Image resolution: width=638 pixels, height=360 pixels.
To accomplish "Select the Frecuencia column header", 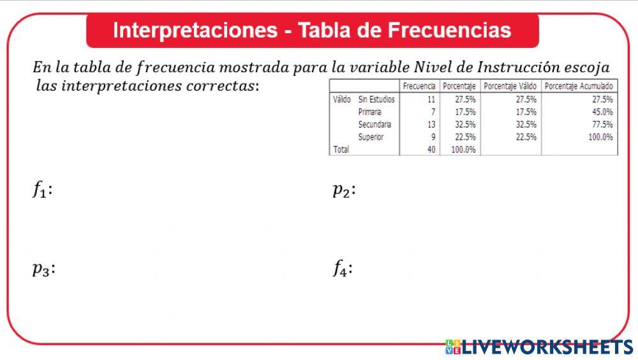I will [x=419, y=86].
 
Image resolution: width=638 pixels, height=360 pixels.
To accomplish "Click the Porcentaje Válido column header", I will [x=510, y=86].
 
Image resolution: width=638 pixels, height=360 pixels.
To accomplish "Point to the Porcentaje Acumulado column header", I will [x=579, y=86].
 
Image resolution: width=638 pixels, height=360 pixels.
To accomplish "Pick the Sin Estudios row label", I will [x=376, y=100].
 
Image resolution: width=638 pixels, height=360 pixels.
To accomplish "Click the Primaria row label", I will [x=370, y=112].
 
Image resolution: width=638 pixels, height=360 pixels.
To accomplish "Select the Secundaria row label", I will [x=375, y=124].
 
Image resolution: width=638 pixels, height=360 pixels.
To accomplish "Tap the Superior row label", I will [x=371, y=137].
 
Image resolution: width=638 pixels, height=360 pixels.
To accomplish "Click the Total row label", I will [x=341, y=149].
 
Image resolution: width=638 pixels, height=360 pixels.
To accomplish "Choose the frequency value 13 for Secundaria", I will [x=431, y=124].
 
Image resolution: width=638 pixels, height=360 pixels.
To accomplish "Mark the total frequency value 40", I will [x=431, y=149].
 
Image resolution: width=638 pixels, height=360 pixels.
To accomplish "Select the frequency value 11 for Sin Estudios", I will [x=431, y=100].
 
